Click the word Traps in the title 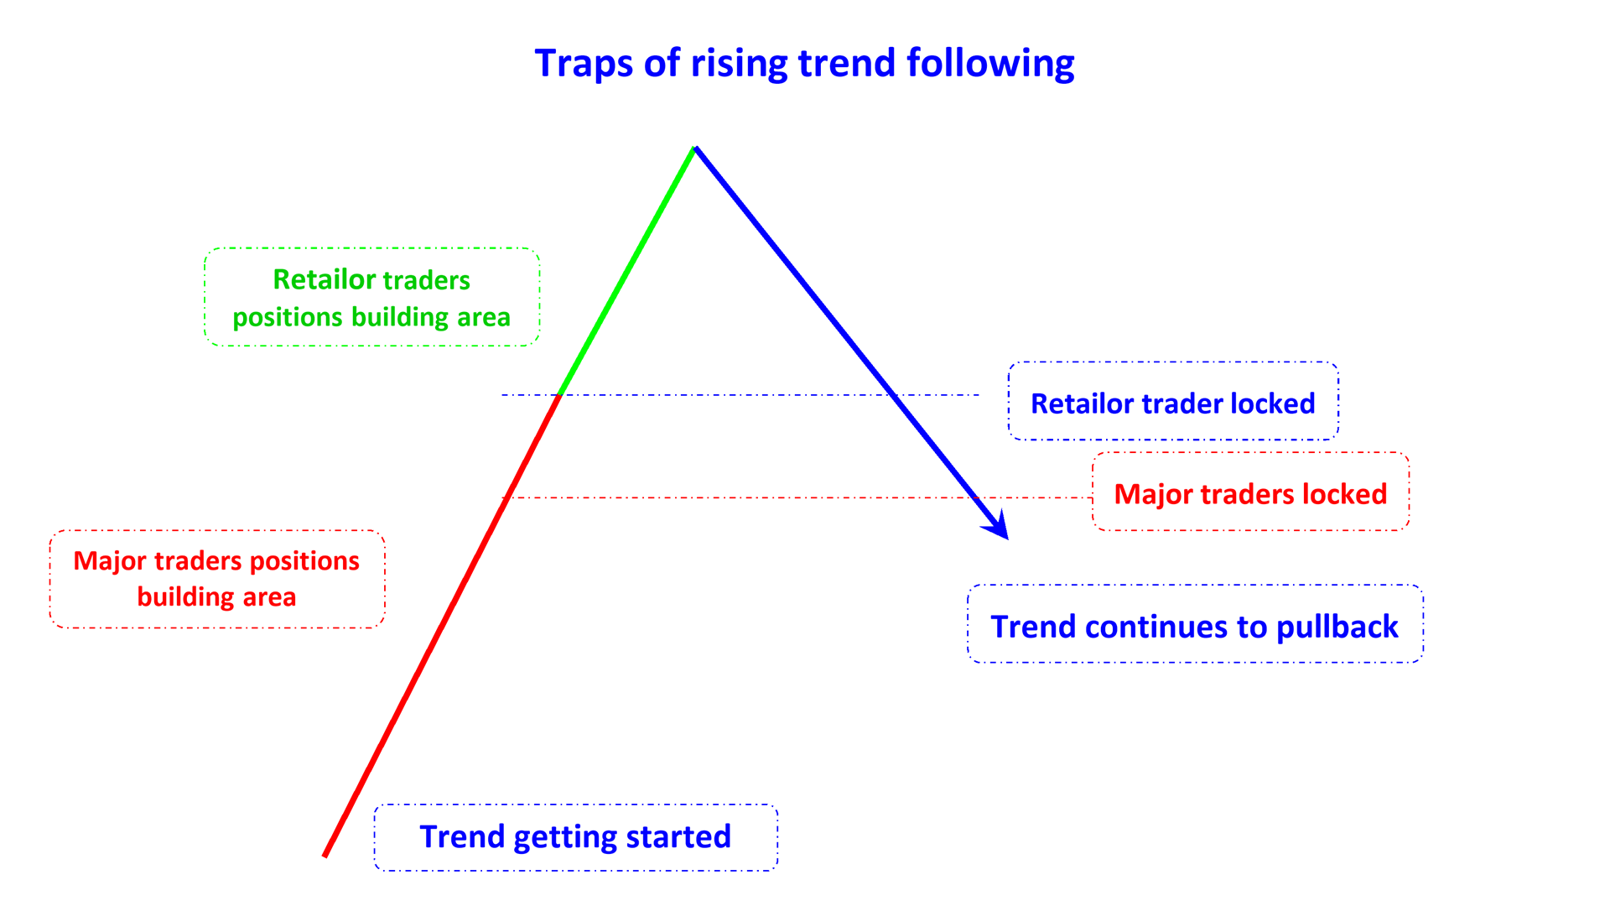pyautogui.click(x=583, y=64)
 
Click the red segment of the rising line pyautogui.click(x=442, y=625)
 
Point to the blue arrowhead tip pyautogui.click(x=1006, y=538)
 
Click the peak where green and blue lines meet pyautogui.click(x=695, y=148)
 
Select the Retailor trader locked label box pyautogui.click(x=1172, y=402)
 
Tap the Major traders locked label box pyautogui.click(x=1250, y=492)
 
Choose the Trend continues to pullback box pyautogui.click(x=1194, y=625)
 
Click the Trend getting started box pyautogui.click(x=575, y=837)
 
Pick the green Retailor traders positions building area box pyautogui.click(x=371, y=297)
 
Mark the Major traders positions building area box pyautogui.click(x=216, y=579)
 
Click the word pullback pyautogui.click(x=1337, y=627)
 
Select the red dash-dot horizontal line pyautogui.click(x=755, y=497)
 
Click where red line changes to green pyautogui.click(x=559, y=394)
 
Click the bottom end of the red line pyautogui.click(x=325, y=855)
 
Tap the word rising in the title pyautogui.click(x=739, y=64)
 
